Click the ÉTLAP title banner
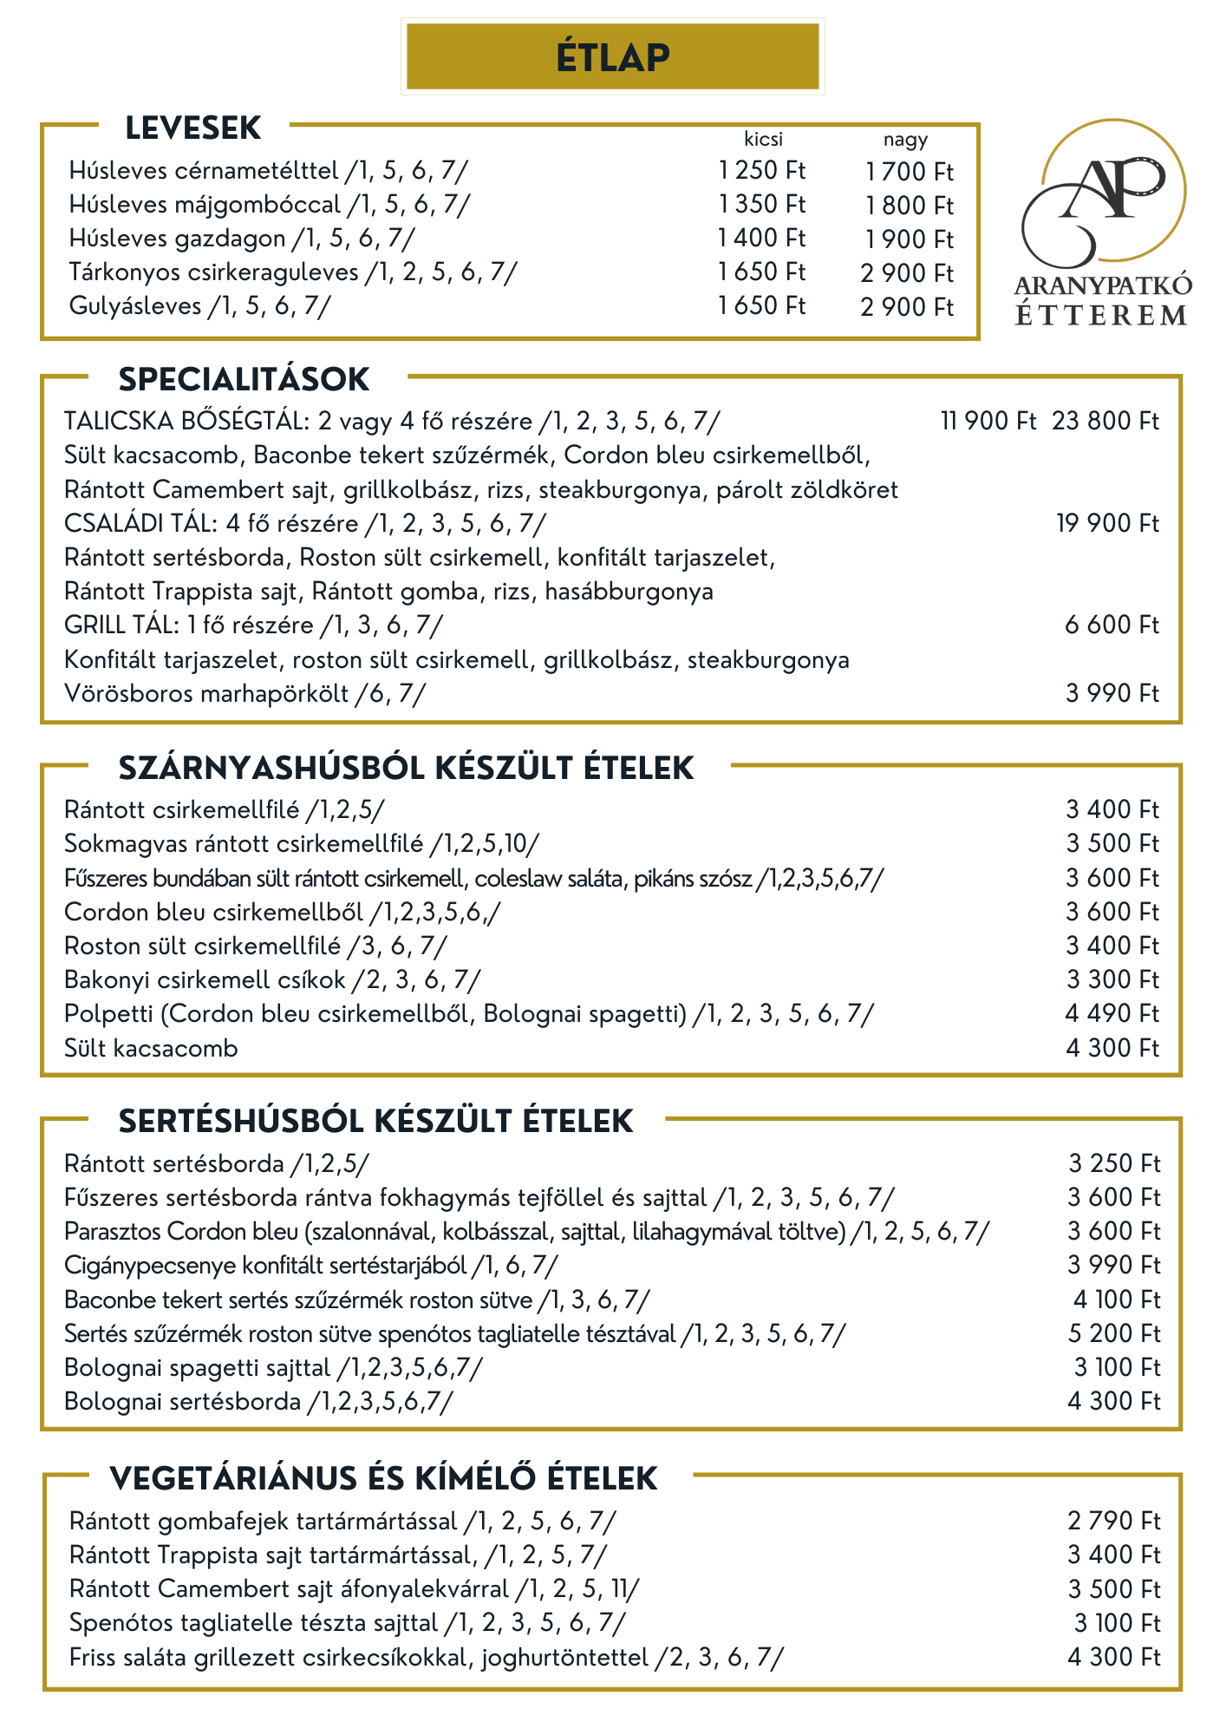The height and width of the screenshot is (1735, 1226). (612, 57)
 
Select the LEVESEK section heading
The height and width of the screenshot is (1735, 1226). (192, 128)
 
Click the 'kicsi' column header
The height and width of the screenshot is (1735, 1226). (763, 139)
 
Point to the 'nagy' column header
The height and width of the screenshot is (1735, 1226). (905, 139)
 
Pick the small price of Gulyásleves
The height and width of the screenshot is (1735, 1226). (761, 306)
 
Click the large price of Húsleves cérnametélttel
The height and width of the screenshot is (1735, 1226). (909, 172)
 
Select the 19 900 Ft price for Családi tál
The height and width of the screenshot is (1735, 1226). (1107, 524)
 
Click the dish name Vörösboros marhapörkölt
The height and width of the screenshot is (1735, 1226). (206, 694)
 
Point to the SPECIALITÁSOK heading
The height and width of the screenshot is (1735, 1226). (244, 380)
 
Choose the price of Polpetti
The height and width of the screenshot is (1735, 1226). (1112, 1014)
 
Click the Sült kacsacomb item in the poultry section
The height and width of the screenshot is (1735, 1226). (151, 1049)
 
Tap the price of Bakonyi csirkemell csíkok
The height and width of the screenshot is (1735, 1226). (1112, 980)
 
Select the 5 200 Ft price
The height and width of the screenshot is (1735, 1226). (1113, 1334)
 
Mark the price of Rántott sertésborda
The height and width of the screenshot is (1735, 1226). (1113, 1164)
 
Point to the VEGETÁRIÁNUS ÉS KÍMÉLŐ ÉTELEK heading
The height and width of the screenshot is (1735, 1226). (383, 1478)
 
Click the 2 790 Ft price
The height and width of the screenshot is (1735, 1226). (1113, 1522)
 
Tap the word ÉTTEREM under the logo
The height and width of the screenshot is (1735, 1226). (1101, 315)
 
